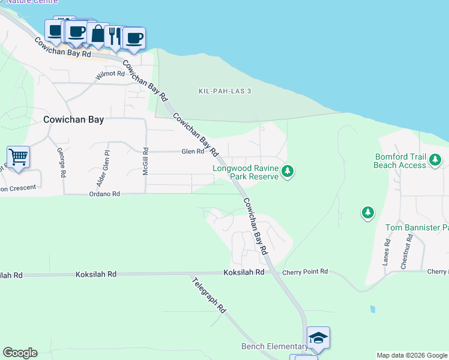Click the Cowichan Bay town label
[73, 119]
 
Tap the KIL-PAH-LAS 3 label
[224, 91]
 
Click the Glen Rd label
[193, 152]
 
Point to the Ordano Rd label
[104, 194]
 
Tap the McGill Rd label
[145, 162]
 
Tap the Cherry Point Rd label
[306, 272]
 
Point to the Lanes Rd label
[387, 252]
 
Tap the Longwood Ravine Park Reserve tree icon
[288, 172]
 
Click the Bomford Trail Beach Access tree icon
[435, 160]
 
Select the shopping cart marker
[18, 157]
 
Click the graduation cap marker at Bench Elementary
[318, 338]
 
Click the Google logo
[20, 353]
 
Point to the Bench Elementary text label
[274, 346]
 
